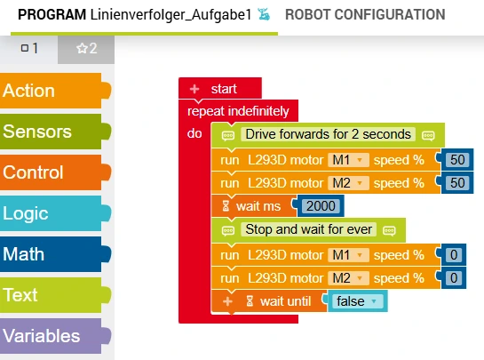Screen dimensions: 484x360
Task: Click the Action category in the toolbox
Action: click(x=52, y=91)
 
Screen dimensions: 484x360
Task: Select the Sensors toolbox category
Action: click(x=52, y=132)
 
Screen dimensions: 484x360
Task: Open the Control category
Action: click(x=52, y=172)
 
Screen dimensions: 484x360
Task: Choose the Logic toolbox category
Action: click(x=52, y=213)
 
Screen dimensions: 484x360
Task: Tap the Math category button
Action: click(x=52, y=254)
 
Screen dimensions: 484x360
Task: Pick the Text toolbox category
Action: click(x=52, y=295)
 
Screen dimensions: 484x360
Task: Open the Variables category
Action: click(x=52, y=336)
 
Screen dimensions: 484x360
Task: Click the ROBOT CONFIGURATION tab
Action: click(x=365, y=14)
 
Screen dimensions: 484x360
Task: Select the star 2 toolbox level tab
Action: click(x=86, y=49)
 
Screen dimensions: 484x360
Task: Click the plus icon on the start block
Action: click(x=194, y=89)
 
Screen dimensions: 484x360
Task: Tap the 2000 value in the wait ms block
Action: click(x=321, y=206)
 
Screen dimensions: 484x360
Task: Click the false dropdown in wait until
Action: click(x=357, y=301)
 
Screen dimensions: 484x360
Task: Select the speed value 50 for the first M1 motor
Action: click(x=457, y=160)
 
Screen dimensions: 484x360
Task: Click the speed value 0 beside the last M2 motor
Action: click(x=454, y=278)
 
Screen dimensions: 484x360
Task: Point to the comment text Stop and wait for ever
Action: click(x=308, y=229)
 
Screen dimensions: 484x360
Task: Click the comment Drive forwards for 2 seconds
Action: click(x=328, y=134)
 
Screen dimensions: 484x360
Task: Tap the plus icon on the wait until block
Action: click(x=228, y=301)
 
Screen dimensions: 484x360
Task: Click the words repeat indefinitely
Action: click(x=238, y=111)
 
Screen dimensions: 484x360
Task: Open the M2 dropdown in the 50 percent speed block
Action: click(x=348, y=183)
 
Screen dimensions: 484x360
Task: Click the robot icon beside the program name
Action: click(x=264, y=14)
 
